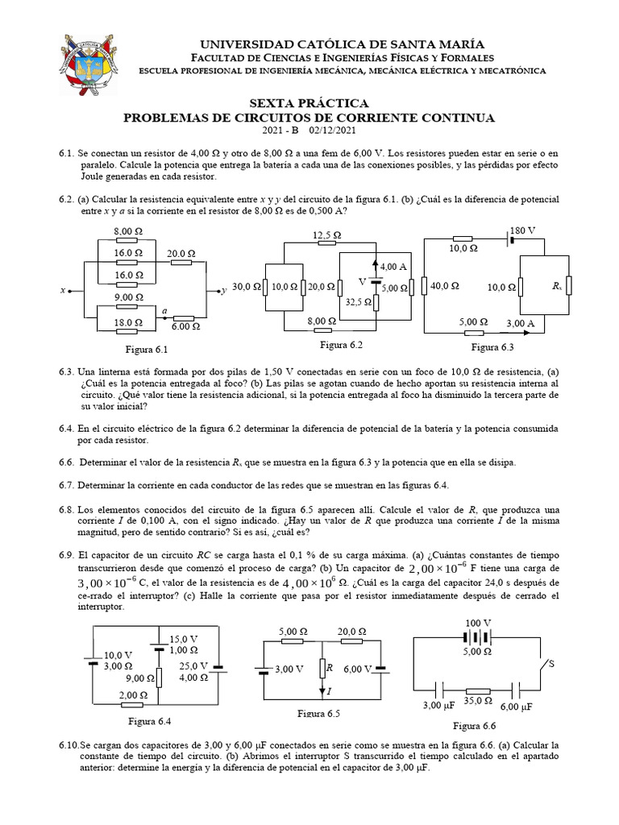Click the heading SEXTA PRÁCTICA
309,103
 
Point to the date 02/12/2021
332,131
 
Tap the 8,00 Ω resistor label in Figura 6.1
127,230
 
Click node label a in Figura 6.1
164,310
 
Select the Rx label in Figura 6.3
556,286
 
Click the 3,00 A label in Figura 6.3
520,323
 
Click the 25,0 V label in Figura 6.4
193,666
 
